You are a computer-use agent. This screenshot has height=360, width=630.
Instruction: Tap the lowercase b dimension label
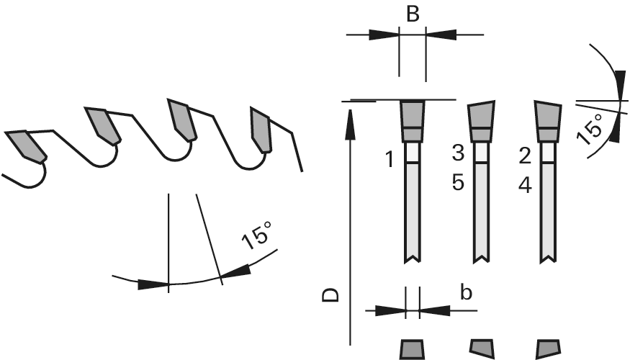[x=466, y=292]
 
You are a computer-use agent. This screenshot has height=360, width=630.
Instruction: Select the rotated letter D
[x=330, y=295]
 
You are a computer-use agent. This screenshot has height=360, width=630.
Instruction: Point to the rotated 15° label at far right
[x=590, y=129]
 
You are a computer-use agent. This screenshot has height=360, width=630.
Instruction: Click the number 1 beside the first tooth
[x=390, y=159]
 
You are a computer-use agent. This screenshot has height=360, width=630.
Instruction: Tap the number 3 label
[x=458, y=153]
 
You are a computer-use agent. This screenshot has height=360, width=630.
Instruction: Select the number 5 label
[x=458, y=182]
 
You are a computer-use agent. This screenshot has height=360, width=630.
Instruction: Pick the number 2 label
[x=525, y=156]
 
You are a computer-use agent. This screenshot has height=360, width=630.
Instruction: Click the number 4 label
[x=525, y=186]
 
